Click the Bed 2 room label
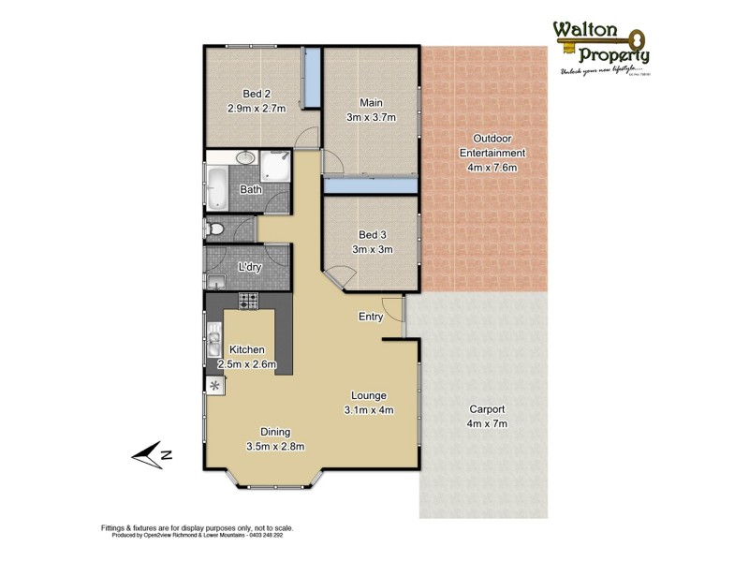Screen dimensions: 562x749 pyautogui.click(x=257, y=93)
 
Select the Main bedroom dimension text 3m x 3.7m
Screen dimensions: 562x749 pyautogui.click(x=372, y=117)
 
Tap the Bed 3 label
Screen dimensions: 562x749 pyautogui.click(x=372, y=234)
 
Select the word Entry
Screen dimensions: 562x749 pyautogui.click(x=371, y=317)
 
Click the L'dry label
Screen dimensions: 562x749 pyautogui.click(x=249, y=267)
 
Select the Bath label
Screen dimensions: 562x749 pyautogui.click(x=250, y=189)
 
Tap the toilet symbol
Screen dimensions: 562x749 pyautogui.click(x=215, y=228)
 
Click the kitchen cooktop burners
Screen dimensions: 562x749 pyautogui.click(x=248, y=301)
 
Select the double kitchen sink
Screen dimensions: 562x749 pyautogui.click(x=213, y=334)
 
